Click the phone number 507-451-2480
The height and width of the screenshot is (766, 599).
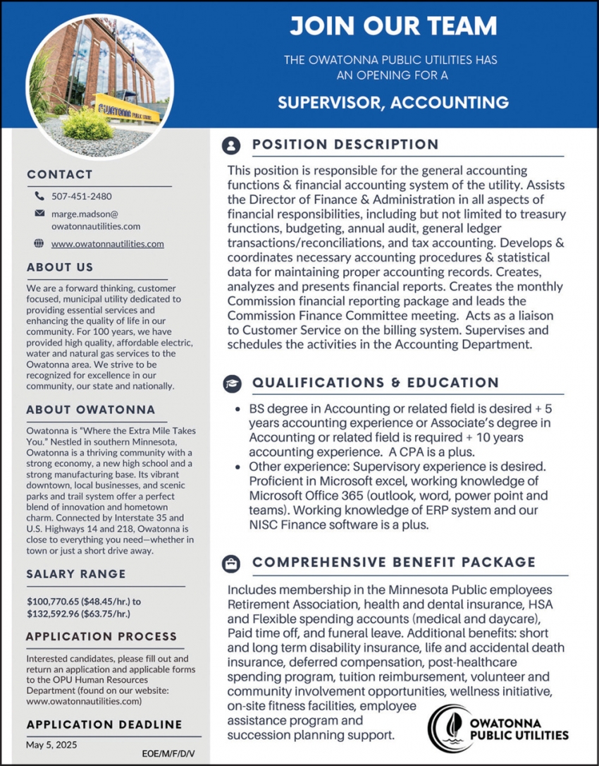pyautogui.click(x=81, y=196)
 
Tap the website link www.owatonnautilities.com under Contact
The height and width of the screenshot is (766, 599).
pyautogui.click(x=107, y=244)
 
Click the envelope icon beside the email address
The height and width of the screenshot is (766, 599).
pyautogui.click(x=39, y=213)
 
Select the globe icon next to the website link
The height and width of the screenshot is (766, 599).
pyautogui.click(x=39, y=244)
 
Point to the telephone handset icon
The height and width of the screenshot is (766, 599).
pyautogui.click(x=39, y=196)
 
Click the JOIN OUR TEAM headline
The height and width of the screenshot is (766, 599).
pyautogui.click(x=393, y=27)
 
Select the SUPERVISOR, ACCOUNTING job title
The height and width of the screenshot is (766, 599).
pyautogui.click(x=393, y=101)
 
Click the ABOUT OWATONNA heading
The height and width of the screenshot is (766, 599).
pyautogui.click(x=91, y=411)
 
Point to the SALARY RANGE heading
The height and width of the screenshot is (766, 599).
pyautogui.click(x=76, y=574)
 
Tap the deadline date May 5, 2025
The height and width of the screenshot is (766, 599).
pyautogui.click(x=51, y=745)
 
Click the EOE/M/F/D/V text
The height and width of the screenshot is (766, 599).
pyautogui.click(x=168, y=753)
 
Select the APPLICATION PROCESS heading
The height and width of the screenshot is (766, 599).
pyautogui.click(x=101, y=637)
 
